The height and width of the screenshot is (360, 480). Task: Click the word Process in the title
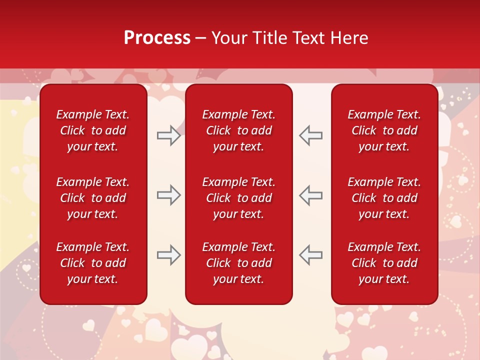pyautogui.click(x=157, y=38)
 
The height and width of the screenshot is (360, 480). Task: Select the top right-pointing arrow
pyautogui.click(x=168, y=135)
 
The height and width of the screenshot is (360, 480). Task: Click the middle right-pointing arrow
pyautogui.click(x=168, y=195)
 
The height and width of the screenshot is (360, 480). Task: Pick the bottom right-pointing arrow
pyautogui.click(x=168, y=255)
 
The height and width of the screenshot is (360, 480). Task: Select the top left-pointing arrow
pyautogui.click(x=310, y=135)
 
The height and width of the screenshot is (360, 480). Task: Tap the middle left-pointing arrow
pyautogui.click(x=310, y=195)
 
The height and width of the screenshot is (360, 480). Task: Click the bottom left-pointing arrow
pyautogui.click(x=310, y=255)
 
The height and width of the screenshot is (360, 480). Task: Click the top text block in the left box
pyautogui.click(x=93, y=130)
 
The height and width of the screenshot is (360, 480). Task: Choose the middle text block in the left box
pyautogui.click(x=93, y=198)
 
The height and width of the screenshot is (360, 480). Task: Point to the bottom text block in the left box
pyautogui.click(x=93, y=263)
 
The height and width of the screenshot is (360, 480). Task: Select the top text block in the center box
pyautogui.click(x=238, y=130)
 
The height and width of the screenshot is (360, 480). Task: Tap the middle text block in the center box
pyautogui.click(x=238, y=198)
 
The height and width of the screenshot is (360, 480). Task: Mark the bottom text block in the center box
pyautogui.click(x=238, y=263)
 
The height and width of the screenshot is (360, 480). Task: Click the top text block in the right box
pyautogui.click(x=384, y=130)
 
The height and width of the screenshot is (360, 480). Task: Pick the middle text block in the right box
pyautogui.click(x=384, y=198)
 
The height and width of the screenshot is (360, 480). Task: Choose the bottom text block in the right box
pyautogui.click(x=384, y=263)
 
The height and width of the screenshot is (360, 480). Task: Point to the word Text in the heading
pyautogui.click(x=307, y=38)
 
